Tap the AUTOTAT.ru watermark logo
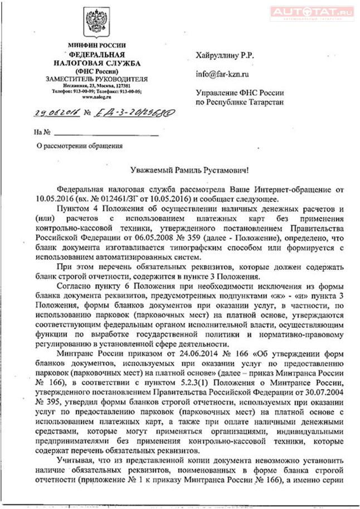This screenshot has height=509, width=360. [312, 12]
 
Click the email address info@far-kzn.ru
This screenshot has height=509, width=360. [222, 74]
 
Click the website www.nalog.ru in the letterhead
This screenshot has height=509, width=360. [93, 96]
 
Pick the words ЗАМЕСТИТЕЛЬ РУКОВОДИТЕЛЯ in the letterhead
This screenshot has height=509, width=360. [93, 79]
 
